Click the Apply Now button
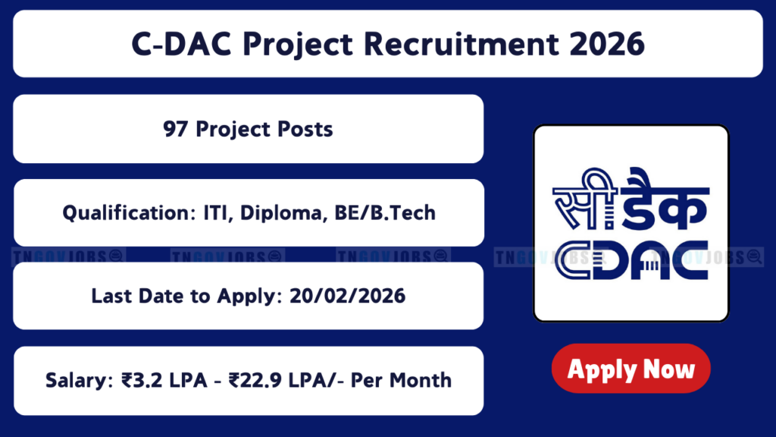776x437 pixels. click(631, 368)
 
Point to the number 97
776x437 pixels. click(176, 129)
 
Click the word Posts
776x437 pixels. click(305, 129)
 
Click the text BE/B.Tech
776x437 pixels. click(385, 213)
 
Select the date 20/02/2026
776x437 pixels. click(347, 297)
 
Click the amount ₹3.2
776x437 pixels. click(142, 381)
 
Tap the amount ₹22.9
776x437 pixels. click(255, 381)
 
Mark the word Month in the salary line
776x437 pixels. click(423, 381)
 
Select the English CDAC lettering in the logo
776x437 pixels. click(631, 260)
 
